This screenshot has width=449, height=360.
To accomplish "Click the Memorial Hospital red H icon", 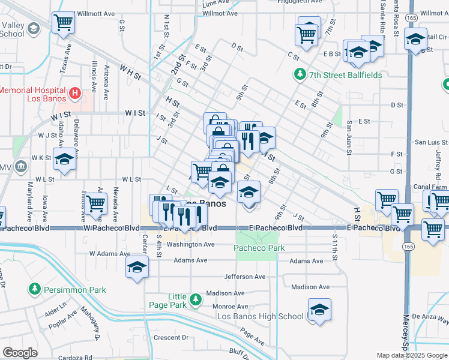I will click(75, 93).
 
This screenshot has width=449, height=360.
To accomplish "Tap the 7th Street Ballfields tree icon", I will click(299, 74).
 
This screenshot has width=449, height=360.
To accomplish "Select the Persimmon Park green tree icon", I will click(35, 290).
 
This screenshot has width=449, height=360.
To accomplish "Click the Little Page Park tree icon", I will click(194, 299).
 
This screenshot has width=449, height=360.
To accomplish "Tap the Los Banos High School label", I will click(260, 316).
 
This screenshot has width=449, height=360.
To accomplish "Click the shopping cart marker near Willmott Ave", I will click(64, 23).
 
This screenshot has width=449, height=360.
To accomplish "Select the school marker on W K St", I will click(64, 159).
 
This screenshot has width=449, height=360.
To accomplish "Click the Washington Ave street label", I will click(190, 244).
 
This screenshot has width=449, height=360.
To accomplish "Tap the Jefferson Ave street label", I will click(244, 277).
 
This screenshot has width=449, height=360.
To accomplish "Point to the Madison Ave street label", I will click(310, 287).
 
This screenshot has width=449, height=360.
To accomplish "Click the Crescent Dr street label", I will click(171, 337).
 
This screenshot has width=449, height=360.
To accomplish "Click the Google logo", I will click(20, 353).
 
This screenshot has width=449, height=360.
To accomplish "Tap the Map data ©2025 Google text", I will click(411, 355).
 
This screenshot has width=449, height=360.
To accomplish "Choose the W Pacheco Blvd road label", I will click(111, 228).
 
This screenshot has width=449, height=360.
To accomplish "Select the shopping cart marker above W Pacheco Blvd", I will click(96, 203).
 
